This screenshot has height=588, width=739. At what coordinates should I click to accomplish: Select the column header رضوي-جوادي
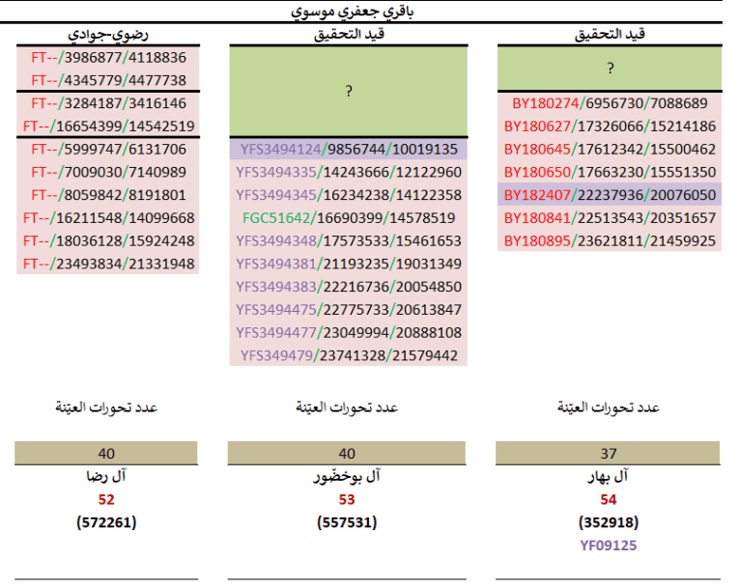pos(106,34)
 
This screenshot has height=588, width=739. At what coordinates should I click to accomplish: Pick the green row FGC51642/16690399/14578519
pos(348,218)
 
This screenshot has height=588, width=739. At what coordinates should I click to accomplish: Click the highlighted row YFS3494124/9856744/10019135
pos(348,150)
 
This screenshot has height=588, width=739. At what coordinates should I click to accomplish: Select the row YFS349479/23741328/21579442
pos(348,355)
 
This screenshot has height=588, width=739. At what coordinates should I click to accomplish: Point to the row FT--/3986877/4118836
pos(108,57)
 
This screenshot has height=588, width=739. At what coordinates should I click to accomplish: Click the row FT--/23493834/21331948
pos(108,264)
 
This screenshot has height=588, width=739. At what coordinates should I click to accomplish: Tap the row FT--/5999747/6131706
pos(108,149)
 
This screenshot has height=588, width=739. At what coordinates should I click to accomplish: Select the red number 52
pos(106,499)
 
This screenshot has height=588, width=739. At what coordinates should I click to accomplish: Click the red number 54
pos(609,499)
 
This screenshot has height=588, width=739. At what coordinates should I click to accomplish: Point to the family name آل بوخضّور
pos(348,477)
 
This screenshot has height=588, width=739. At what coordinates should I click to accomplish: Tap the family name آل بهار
pos(609,477)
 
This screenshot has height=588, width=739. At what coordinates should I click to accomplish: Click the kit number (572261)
pos(106,522)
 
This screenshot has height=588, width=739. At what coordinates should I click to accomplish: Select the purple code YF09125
pos(609,546)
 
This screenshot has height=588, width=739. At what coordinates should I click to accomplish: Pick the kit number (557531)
pos(348,522)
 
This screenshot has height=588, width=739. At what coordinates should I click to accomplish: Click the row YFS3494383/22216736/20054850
pos(348,287)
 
